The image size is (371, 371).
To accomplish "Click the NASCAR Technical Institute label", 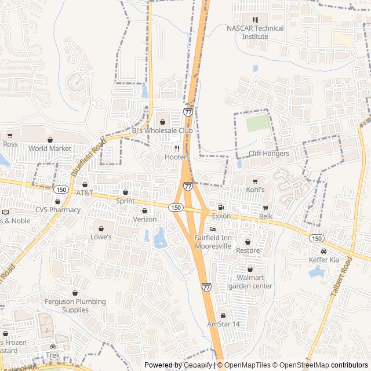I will click(255, 32).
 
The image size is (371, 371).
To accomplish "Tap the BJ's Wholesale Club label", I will click(162, 132).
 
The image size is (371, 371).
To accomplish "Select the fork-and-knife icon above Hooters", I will click(177, 148).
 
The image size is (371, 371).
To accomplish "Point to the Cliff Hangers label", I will click(268, 154).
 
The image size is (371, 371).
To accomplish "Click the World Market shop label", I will click(50, 148).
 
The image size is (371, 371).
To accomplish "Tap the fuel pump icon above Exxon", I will click(221, 207).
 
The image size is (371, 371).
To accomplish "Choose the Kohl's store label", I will click(254, 190).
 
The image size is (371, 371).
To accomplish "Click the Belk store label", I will click(265, 216).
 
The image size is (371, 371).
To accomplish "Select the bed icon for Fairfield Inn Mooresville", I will click(213, 229).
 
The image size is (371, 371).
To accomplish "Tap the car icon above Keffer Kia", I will click(323, 251).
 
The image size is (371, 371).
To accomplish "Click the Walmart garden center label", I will click(250, 282).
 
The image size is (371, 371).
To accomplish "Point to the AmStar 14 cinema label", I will click(223, 324).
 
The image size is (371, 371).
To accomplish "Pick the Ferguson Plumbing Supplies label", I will click(75, 305).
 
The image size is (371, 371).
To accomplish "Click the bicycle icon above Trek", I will click(53, 346).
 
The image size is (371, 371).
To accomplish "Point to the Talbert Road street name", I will click(341, 278).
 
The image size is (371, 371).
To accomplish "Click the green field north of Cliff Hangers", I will click(258, 123).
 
